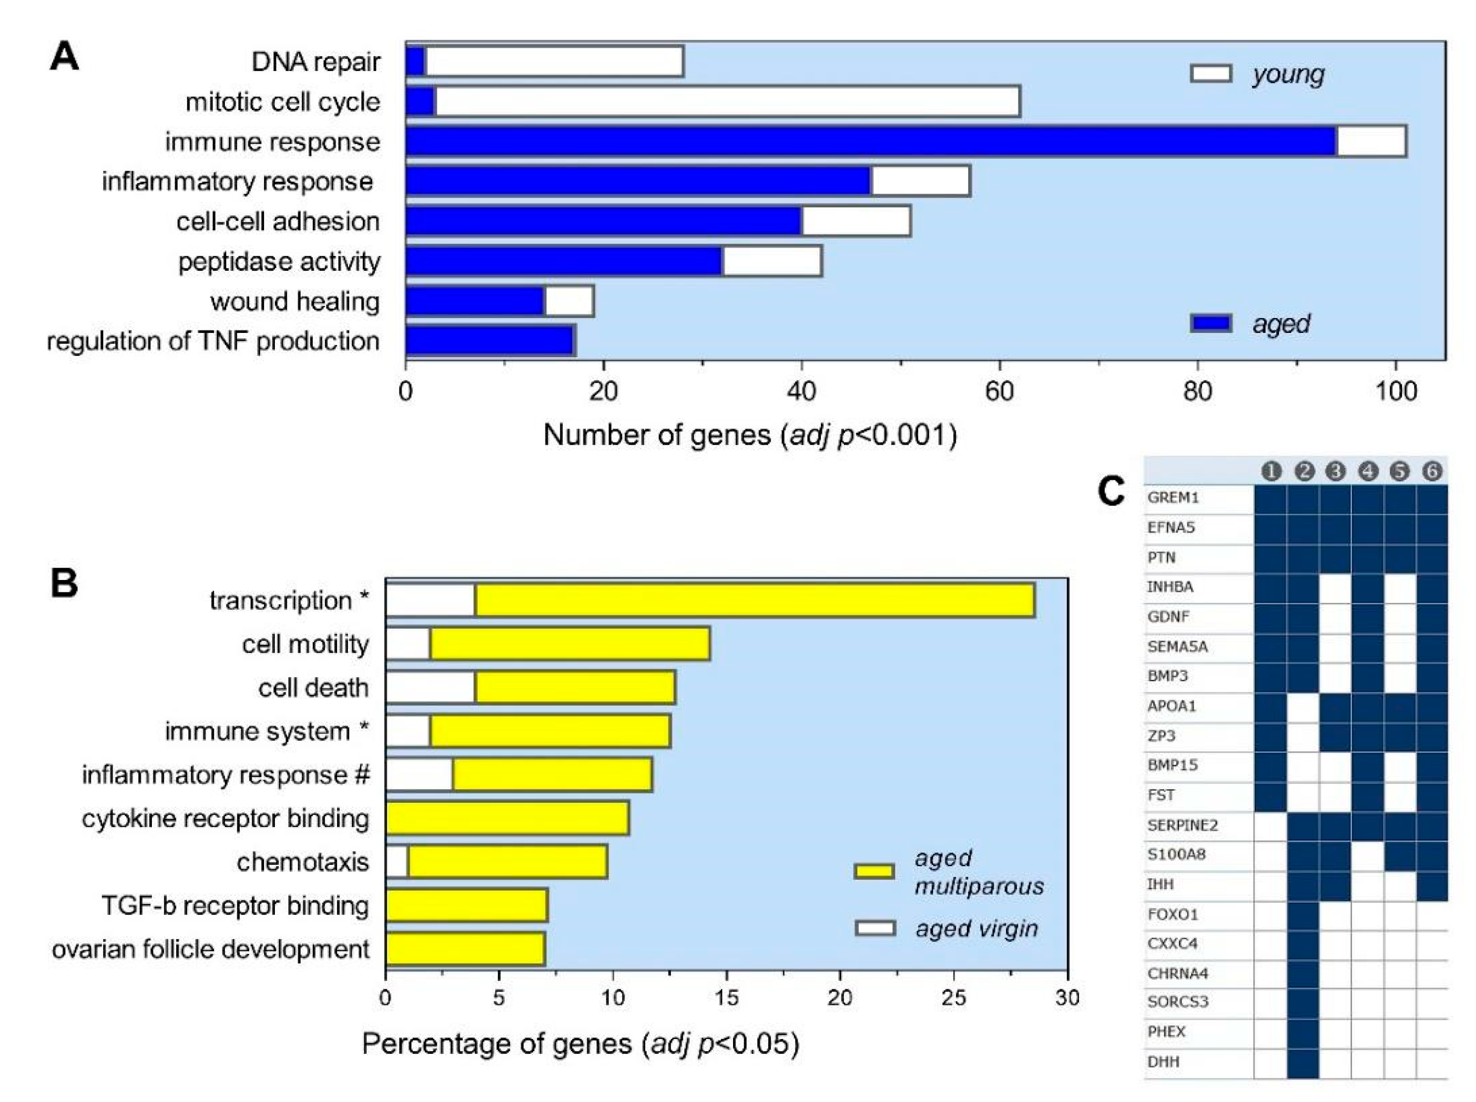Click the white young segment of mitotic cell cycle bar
[x=727, y=101]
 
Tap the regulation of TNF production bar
[x=490, y=341]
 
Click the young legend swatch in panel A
[x=1210, y=73]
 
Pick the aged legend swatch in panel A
[x=1210, y=324]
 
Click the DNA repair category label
[x=315, y=62]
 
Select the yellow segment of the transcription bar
[x=754, y=600]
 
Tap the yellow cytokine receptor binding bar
[x=507, y=819]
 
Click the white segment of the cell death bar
[x=430, y=688]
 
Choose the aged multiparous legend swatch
[x=874, y=871]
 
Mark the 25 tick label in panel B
[x=953, y=998]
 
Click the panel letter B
[x=64, y=583]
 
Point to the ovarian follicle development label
[x=210, y=949]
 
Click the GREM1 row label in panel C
[x=1173, y=498]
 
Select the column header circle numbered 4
[x=1367, y=472]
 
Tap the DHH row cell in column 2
[x=1302, y=1062]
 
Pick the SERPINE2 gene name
[x=1182, y=825]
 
